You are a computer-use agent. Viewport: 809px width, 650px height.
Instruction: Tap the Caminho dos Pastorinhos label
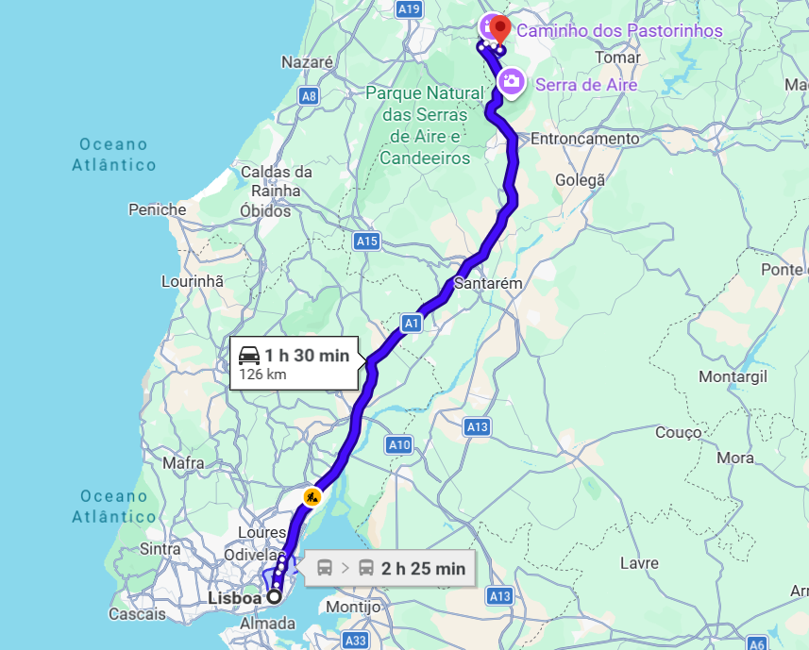[x=619, y=31]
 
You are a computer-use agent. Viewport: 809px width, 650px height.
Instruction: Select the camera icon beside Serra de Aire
[x=512, y=81]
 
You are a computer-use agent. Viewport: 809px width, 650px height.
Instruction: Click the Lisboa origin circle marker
[x=275, y=596]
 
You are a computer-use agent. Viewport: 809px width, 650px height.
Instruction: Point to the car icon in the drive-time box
[x=249, y=356]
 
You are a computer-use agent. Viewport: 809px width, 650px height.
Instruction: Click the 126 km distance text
[x=262, y=375]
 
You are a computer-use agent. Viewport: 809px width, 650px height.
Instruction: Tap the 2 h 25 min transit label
[x=423, y=568]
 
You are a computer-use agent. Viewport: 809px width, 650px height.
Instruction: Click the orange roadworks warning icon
[x=312, y=495]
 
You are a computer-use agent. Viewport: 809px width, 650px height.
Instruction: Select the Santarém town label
[x=488, y=283]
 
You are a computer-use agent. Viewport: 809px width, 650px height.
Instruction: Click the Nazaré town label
[x=308, y=62]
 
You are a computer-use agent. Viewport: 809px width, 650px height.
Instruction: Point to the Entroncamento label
[x=584, y=139]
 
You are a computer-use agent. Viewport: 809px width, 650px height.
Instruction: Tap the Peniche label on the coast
[x=158, y=209]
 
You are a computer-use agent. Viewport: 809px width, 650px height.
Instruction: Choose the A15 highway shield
[x=367, y=242]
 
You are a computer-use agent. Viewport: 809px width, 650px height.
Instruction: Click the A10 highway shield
[x=399, y=444]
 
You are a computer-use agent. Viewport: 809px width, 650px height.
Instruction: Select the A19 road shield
[x=409, y=8]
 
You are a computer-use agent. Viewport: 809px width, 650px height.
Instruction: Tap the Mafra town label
[x=183, y=463]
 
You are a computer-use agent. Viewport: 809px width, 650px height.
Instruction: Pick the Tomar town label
[x=620, y=58]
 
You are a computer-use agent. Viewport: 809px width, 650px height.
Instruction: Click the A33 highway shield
[x=356, y=641]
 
